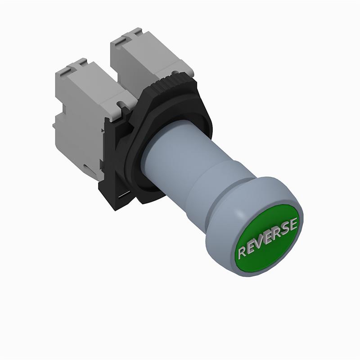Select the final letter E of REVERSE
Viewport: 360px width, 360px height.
(293, 224)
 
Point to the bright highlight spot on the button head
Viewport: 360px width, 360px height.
(240, 215)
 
